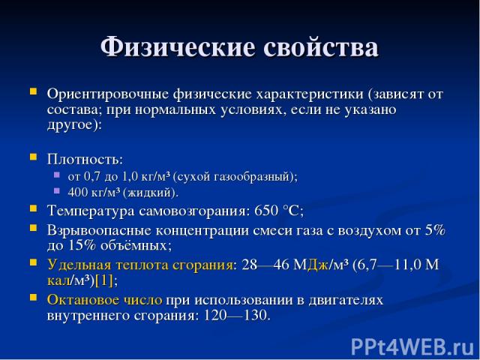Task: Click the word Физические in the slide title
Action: click(178, 46)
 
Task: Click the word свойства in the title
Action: click(321, 46)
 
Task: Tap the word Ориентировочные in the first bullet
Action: click(108, 94)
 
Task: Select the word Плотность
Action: click(85, 159)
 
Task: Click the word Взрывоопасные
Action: click(99, 230)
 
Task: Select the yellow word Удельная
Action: click(79, 265)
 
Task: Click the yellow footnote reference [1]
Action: click(104, 280)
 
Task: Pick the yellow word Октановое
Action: click(83, 299)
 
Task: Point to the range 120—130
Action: click(237, 315)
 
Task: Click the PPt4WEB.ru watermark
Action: click(412, 347)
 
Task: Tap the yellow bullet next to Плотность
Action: click(33, 157)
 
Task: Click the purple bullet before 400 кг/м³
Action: click(57, 190)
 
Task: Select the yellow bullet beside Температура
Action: click(33, 208)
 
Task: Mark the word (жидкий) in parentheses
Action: click(151, 193)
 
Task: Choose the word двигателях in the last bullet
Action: click(346, 300)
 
